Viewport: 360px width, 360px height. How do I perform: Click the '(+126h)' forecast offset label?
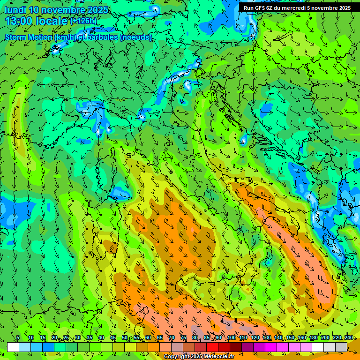tap(83, 21)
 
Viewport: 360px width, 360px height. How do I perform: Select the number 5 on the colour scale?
tap(18, 338)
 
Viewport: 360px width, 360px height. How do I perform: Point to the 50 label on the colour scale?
tap(125, 338)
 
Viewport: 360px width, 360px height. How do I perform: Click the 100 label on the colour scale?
tap(232, 338)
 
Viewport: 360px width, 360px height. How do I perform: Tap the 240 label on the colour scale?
tap(348, 338)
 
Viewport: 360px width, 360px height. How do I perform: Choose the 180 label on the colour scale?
tap(313, 338)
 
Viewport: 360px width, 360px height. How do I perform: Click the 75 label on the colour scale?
tap(183, 338)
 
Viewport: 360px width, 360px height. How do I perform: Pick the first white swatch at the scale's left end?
tap(13, 347)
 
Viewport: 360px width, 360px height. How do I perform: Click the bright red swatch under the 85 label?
tap(212, 347)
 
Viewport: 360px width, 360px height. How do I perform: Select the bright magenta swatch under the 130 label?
tap(271, 347)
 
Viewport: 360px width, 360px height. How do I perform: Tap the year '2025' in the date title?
tap(94, 10)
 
